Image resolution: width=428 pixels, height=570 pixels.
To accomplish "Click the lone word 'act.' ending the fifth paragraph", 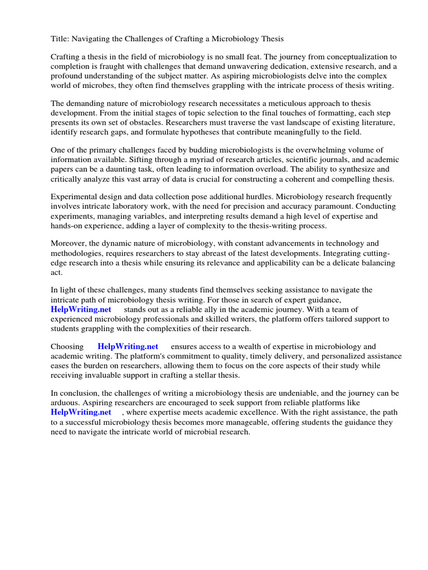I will (57, 272).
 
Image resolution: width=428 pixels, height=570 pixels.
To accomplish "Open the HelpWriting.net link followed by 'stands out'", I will (81, 309).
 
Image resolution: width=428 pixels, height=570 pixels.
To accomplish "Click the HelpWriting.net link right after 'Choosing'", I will (128, 346).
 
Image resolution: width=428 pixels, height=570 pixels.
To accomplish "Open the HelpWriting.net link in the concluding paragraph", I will (81, 412).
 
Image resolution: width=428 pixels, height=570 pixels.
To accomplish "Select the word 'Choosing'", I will (67, 346).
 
